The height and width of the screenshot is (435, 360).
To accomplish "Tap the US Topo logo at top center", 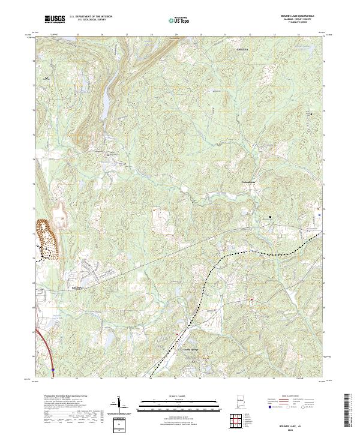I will point(178,20).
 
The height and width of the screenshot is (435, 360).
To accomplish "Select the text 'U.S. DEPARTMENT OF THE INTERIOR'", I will point(91,16).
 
